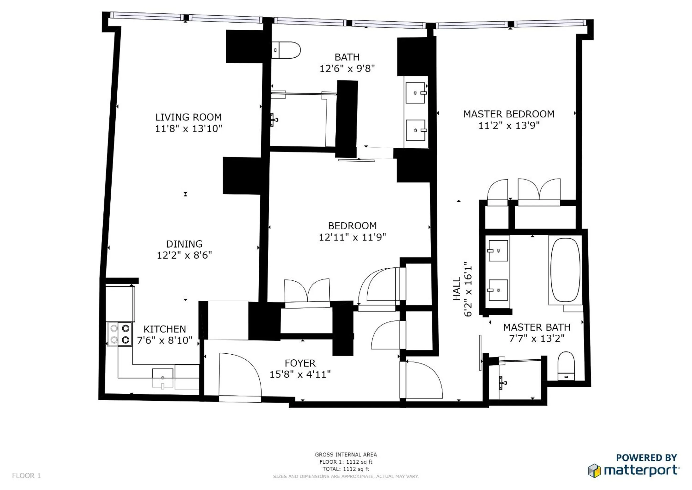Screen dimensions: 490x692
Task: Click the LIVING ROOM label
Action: [x=188, y=117]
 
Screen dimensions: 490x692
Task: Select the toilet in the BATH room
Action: [x=286, y=50]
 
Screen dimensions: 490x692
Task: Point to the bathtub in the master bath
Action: [x=565, y=270]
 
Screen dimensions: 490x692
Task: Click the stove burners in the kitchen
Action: [x=120, y=334]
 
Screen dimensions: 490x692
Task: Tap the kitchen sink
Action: [x=163, y=378]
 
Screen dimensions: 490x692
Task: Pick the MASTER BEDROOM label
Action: [x=509, y=114]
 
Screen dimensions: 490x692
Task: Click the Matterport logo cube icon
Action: [x=594, y=471]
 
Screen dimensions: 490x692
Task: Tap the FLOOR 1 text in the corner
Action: [x=26, y=475]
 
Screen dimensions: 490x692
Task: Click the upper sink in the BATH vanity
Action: [x=415, y=93]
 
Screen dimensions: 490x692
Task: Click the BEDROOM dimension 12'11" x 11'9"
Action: [x=352, y=237]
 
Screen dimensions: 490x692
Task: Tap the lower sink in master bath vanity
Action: [x=498, y=290]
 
